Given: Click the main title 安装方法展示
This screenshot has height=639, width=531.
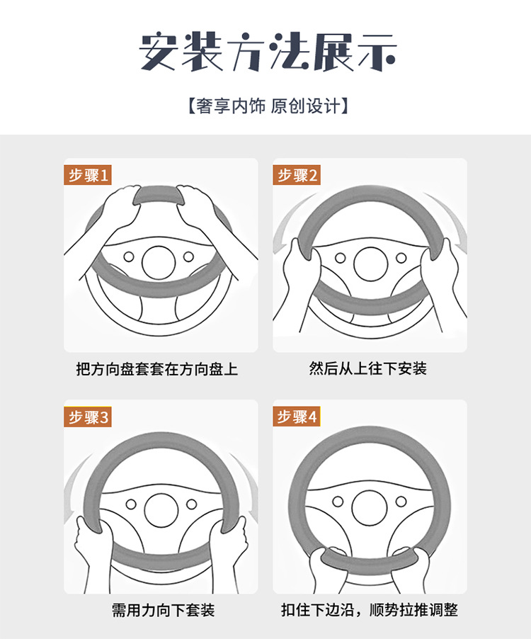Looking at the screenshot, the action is pyautogui.click(x=268, y=51).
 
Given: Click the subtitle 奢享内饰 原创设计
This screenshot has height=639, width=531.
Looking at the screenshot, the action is pyautogui.click(x=268, y=106).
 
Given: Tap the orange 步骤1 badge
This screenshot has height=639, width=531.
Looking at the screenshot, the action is pyautogui.click(x=88, y=175).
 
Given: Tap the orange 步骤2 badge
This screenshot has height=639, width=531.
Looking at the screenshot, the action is pyautogui.click(x=297, y=175).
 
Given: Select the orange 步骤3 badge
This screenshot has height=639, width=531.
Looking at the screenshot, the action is pyautogui.click(x=88, y=417).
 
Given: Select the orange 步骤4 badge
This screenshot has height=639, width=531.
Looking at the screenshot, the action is pyautogui.click(x=297, y=417).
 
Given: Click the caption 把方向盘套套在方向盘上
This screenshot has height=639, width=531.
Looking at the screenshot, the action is pyautogui.click(x=156, y=369).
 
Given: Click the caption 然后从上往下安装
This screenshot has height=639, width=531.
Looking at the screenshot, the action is pyautogui.click(x=367, y=368).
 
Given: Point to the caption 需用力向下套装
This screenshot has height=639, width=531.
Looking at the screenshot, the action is pyautogui.click(x=163, y=610).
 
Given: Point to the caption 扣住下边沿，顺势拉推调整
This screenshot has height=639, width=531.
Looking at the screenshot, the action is pyautogui.click(x=370, y=610).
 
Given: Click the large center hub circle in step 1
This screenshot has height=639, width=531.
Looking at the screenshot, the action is pyautogui.click(x=159, y=262).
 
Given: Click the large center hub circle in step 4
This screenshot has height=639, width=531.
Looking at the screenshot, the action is pyautogui.click(x=370, y=508).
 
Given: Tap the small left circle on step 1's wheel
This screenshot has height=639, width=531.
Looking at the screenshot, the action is pyautogui.click(x=129, y=256).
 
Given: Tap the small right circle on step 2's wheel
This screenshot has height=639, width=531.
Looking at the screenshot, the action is pyautogui.click(x=401, y=258).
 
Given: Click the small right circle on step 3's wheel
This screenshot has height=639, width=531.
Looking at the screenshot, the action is pyautogui.click(x=191, y=504).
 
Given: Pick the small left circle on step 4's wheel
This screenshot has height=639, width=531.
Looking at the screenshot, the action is pyautogui.click(x=338, y=502).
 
